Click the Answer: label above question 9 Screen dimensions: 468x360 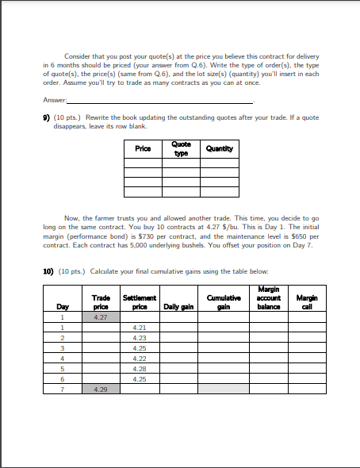[x=56, y=101]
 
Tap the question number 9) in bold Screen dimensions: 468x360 [x=47, y=117]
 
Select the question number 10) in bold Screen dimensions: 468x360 [x=48, y=271]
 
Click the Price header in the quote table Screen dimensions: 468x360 [x=143, y=148]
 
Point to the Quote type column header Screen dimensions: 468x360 [x=181, y=148]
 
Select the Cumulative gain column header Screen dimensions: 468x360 [x=221, y=301]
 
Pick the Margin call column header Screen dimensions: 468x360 [x=307, y=301]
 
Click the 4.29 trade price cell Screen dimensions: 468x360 [x=101, y=389]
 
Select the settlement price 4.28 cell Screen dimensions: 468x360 [x=139, y=369]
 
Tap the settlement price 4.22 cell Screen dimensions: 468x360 [x=139, y=359]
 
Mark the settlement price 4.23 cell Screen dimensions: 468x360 [x=139, y=338]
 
